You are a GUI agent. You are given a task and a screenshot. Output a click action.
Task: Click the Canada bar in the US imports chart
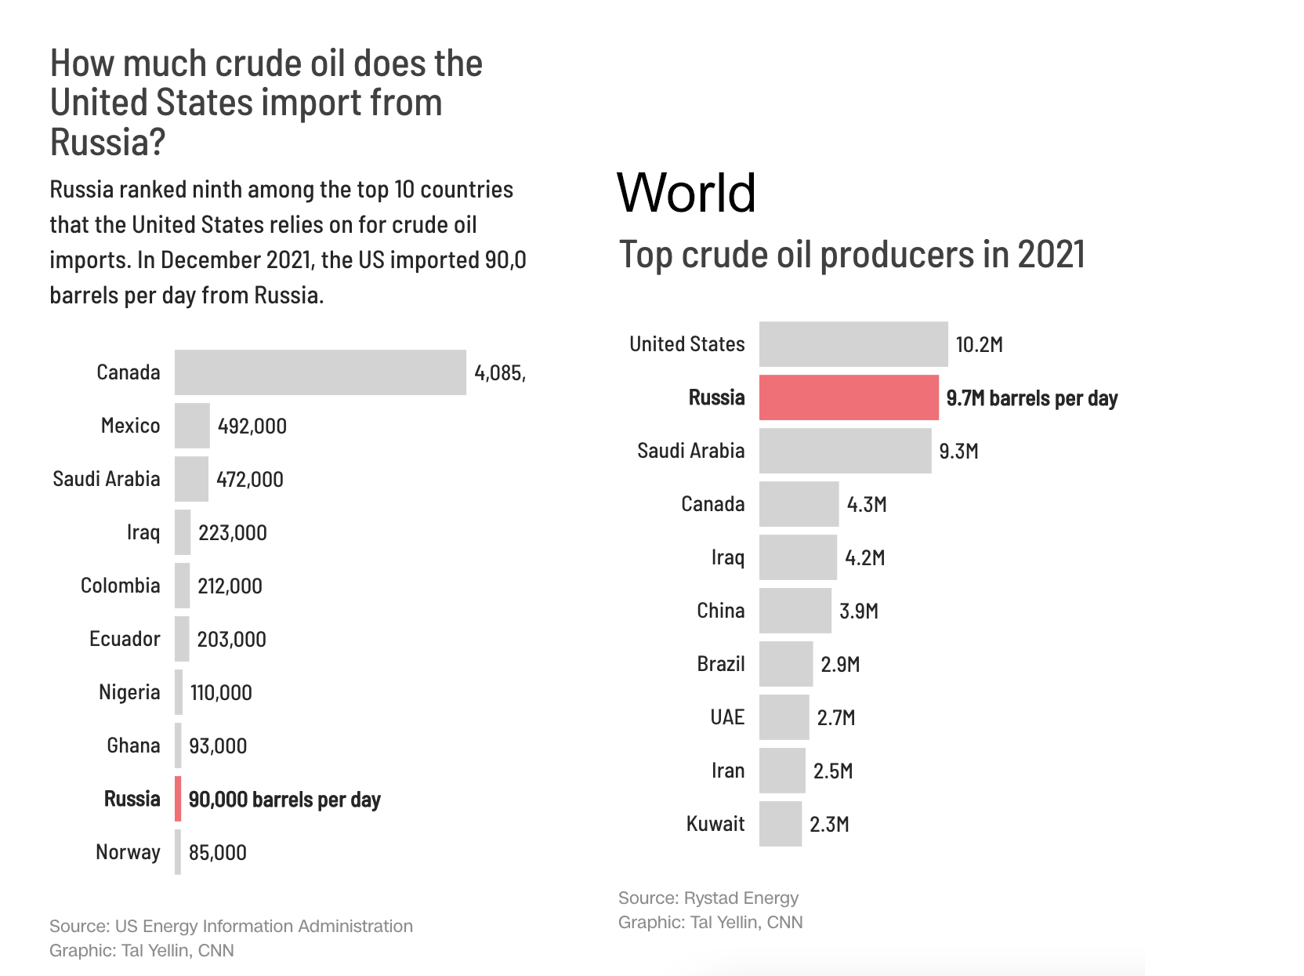[x=320, y=372]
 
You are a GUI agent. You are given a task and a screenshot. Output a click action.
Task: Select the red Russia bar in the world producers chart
[x=848, y=397]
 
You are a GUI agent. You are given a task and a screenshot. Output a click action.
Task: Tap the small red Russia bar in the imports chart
[x=178, y=799]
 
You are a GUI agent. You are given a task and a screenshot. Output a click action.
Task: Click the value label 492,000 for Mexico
[x=252, y=426]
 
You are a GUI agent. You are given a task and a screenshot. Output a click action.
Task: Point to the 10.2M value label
[x=979, y=345]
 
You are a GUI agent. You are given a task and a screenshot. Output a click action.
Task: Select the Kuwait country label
[x=715, y=824]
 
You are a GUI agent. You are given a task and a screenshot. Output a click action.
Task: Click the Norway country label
[x=128, y=852]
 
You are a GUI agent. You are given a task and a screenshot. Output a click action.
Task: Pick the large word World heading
[x=686, y=192]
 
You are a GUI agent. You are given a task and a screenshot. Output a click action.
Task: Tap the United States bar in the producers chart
[x=853, y=344]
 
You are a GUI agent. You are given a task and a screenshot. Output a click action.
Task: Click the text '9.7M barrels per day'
[x=1031, y=398]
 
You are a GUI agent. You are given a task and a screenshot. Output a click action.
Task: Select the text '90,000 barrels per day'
[x=284, y=800]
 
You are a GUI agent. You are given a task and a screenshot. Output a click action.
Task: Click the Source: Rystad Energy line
[x=708, y=898]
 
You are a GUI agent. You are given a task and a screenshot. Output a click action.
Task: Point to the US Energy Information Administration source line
[x=230, y=926]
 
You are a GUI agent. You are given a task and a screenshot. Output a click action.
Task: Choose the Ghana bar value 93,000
[x=217, y=746]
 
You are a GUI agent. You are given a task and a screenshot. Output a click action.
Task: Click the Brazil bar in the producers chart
[x=785, y=664]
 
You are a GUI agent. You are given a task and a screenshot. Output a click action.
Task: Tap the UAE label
[x=726, y=717]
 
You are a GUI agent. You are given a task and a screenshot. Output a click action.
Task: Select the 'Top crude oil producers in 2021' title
[x=851, y=255]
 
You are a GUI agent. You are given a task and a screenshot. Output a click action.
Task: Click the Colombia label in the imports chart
[x=120, y=586]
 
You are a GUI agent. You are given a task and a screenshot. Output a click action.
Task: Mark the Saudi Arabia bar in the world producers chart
[x=845, y=451]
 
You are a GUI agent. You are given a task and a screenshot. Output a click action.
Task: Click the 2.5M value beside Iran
[x=832, y=771]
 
